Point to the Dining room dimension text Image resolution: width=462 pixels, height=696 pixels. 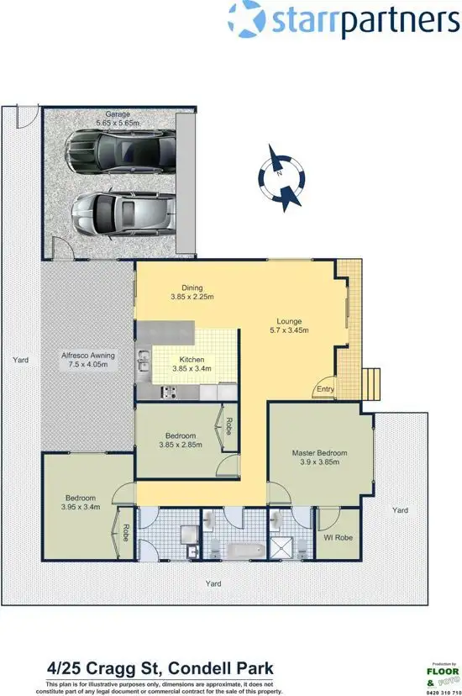click(192, 297)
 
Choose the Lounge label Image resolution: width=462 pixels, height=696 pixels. click(290, 320)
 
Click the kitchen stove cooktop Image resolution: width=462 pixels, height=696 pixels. click(167, 391)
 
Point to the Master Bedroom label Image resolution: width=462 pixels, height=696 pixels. click(319, 453)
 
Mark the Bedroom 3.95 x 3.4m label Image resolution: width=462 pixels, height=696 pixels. click(81, 503)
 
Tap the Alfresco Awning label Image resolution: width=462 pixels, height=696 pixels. click(87, 361)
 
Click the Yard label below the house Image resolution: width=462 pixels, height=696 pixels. click(217, 582)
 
